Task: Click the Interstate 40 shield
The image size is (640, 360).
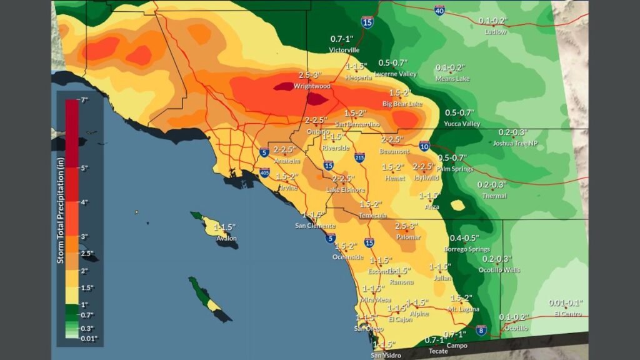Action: click(440, 10)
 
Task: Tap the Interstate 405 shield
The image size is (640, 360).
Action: click(264, 172)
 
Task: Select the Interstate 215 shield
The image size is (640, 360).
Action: click(359, 158)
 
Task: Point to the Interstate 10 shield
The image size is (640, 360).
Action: click(424, 146)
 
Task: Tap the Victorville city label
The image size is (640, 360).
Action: click(345, 49)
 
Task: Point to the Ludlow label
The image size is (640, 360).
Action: click(496, 31)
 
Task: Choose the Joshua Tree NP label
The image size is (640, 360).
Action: click(515, 143)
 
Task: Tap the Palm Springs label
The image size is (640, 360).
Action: click(454, 169)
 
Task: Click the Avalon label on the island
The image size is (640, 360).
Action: click(226, 238)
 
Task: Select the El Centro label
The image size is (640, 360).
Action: click(566, 314)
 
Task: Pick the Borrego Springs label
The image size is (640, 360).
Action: click(466, 249)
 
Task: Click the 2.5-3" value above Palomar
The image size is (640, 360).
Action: click(406, 226)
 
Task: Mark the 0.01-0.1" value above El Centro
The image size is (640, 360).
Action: click(566, 303)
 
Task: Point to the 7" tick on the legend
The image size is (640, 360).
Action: click(84, 100)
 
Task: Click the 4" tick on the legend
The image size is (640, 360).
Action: click(84, 202)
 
